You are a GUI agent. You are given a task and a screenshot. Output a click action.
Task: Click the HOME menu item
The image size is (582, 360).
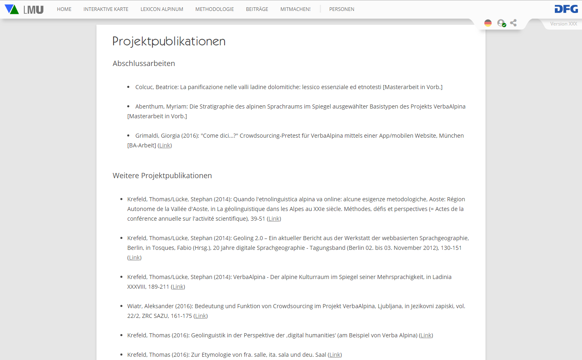(64, 9)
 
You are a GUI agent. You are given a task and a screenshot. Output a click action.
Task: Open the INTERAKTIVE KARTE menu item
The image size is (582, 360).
(106, 9)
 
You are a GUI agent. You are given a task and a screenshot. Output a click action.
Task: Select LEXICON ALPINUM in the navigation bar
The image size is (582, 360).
(162, 9)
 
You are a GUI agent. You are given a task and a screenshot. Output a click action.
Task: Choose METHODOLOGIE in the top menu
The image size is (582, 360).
(214, 9)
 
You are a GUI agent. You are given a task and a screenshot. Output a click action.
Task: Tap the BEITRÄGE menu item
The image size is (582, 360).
(257, 9)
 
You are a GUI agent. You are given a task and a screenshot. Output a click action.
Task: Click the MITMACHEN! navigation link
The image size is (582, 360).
(295, 9)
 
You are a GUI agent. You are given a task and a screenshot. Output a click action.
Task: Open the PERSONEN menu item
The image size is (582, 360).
(342, 9)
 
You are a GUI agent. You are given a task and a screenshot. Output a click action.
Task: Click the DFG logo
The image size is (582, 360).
(566, 9)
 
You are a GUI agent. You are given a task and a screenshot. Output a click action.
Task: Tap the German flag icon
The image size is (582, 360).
(488, 23)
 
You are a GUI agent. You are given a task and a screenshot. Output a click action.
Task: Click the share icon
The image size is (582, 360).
(514, 23)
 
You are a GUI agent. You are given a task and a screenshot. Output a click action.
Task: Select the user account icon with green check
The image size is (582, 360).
(501, 23)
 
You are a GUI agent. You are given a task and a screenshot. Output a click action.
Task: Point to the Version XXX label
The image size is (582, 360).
(563, 24)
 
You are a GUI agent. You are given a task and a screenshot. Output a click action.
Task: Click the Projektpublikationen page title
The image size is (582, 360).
(169, 41)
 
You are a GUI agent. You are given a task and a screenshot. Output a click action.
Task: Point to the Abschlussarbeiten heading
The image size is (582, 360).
(144, 64)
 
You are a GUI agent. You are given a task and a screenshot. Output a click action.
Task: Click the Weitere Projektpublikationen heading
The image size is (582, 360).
(162, 176)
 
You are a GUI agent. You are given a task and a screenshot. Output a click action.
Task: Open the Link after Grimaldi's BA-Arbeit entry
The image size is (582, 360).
(165, 145)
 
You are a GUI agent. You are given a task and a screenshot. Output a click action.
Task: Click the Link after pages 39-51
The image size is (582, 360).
(274, 219)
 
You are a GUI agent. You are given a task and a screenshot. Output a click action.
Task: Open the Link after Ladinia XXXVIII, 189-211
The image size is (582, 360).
(178, 287)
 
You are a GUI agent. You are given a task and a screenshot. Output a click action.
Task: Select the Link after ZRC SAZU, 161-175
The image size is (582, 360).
(201, 316)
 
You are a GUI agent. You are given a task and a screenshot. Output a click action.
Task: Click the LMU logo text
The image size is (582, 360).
(33, 9)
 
